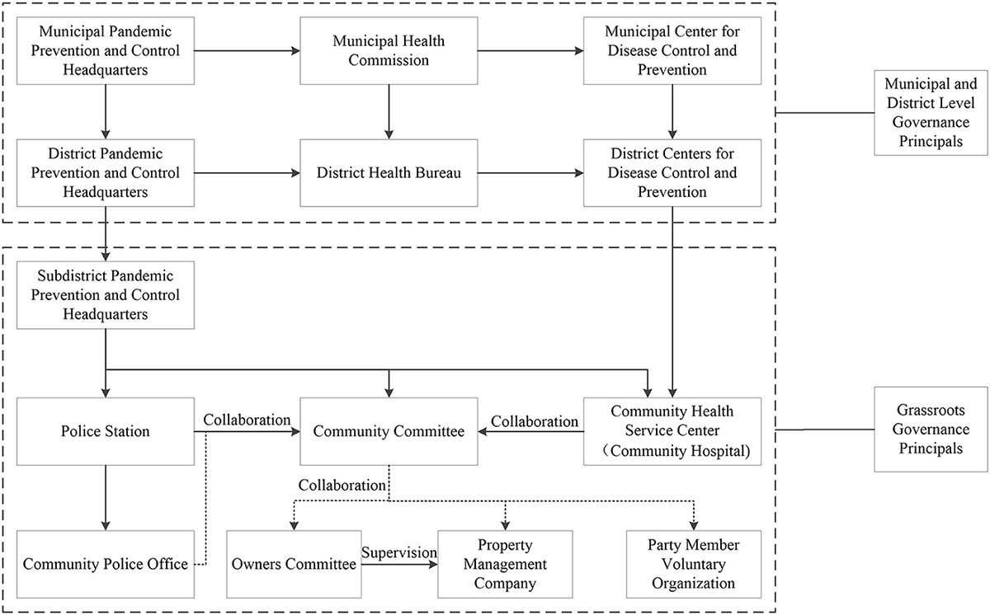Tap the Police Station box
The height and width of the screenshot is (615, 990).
[104, 431]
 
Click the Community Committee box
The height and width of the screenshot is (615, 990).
[388, 431]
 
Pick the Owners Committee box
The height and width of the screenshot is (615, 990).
[294, 565]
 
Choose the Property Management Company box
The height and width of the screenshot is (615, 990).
[505, 565]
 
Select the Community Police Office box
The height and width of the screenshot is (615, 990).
[104, 565]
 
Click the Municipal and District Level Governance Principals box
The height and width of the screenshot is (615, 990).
[930, 113]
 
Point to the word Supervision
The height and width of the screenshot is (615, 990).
[398, 553]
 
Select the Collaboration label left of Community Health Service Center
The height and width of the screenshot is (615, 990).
[535, 420]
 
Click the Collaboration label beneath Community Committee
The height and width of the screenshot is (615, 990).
[342, 485]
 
